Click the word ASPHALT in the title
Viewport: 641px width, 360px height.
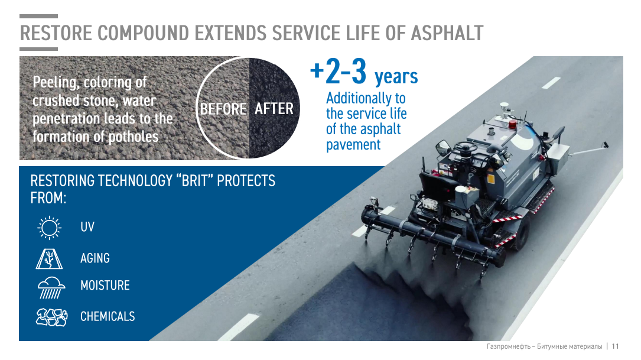pos(447,33)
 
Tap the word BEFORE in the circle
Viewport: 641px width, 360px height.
pos(223,109)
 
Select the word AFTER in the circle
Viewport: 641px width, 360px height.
pos(274,109)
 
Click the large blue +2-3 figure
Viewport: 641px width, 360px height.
pos(338,72)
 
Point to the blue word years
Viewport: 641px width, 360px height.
pos(396,76)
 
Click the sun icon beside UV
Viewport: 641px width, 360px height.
pos(50,228)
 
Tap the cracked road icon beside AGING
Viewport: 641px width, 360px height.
pos(49,258)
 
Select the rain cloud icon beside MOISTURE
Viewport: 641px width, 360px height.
pos(51,288)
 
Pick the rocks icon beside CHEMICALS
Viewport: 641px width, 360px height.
pos(52,317)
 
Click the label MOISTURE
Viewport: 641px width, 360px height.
pos(105,285)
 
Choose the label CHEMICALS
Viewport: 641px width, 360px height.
pos(108,316)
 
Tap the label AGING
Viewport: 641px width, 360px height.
pos(95,258)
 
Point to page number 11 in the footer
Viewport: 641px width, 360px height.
pos(615,346)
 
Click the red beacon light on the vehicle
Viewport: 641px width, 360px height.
pos(513,124)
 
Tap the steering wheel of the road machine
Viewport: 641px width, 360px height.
pos(465,147)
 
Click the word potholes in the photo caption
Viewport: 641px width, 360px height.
pos(134,137)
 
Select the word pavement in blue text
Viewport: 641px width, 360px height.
pos(353,145)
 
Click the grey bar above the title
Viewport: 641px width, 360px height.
pos(39,17)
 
